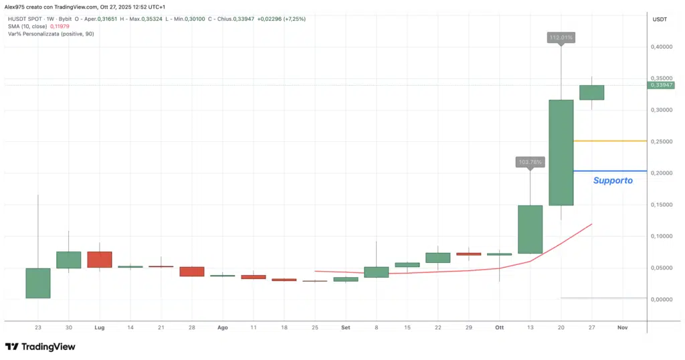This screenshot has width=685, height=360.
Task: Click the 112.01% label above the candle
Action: click(x=561, y=38)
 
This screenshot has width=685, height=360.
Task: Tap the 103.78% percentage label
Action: click(x=530, y=162)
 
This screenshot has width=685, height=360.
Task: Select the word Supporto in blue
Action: click(x=613, y=181)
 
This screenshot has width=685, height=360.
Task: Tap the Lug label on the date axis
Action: click(x=100, y=328)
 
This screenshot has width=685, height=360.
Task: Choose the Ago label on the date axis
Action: click(x=223, y=328)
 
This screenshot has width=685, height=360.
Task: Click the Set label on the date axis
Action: click(x=346, y=328)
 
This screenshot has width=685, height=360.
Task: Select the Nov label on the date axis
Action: click(x=623, y=328)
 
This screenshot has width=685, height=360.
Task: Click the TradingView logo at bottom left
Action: click(x=40, y=347)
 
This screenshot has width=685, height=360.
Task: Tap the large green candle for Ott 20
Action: click(x=561, y=153)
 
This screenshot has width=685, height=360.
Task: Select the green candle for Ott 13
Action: click(x=530, y=230)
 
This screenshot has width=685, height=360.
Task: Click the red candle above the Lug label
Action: click(x=100, y=260)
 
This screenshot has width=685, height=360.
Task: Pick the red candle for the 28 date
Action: click(x=192, y=271)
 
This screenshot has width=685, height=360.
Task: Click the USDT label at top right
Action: click(x=660, y=19)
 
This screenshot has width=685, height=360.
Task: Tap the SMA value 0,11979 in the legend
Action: click(x=61, y=26)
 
